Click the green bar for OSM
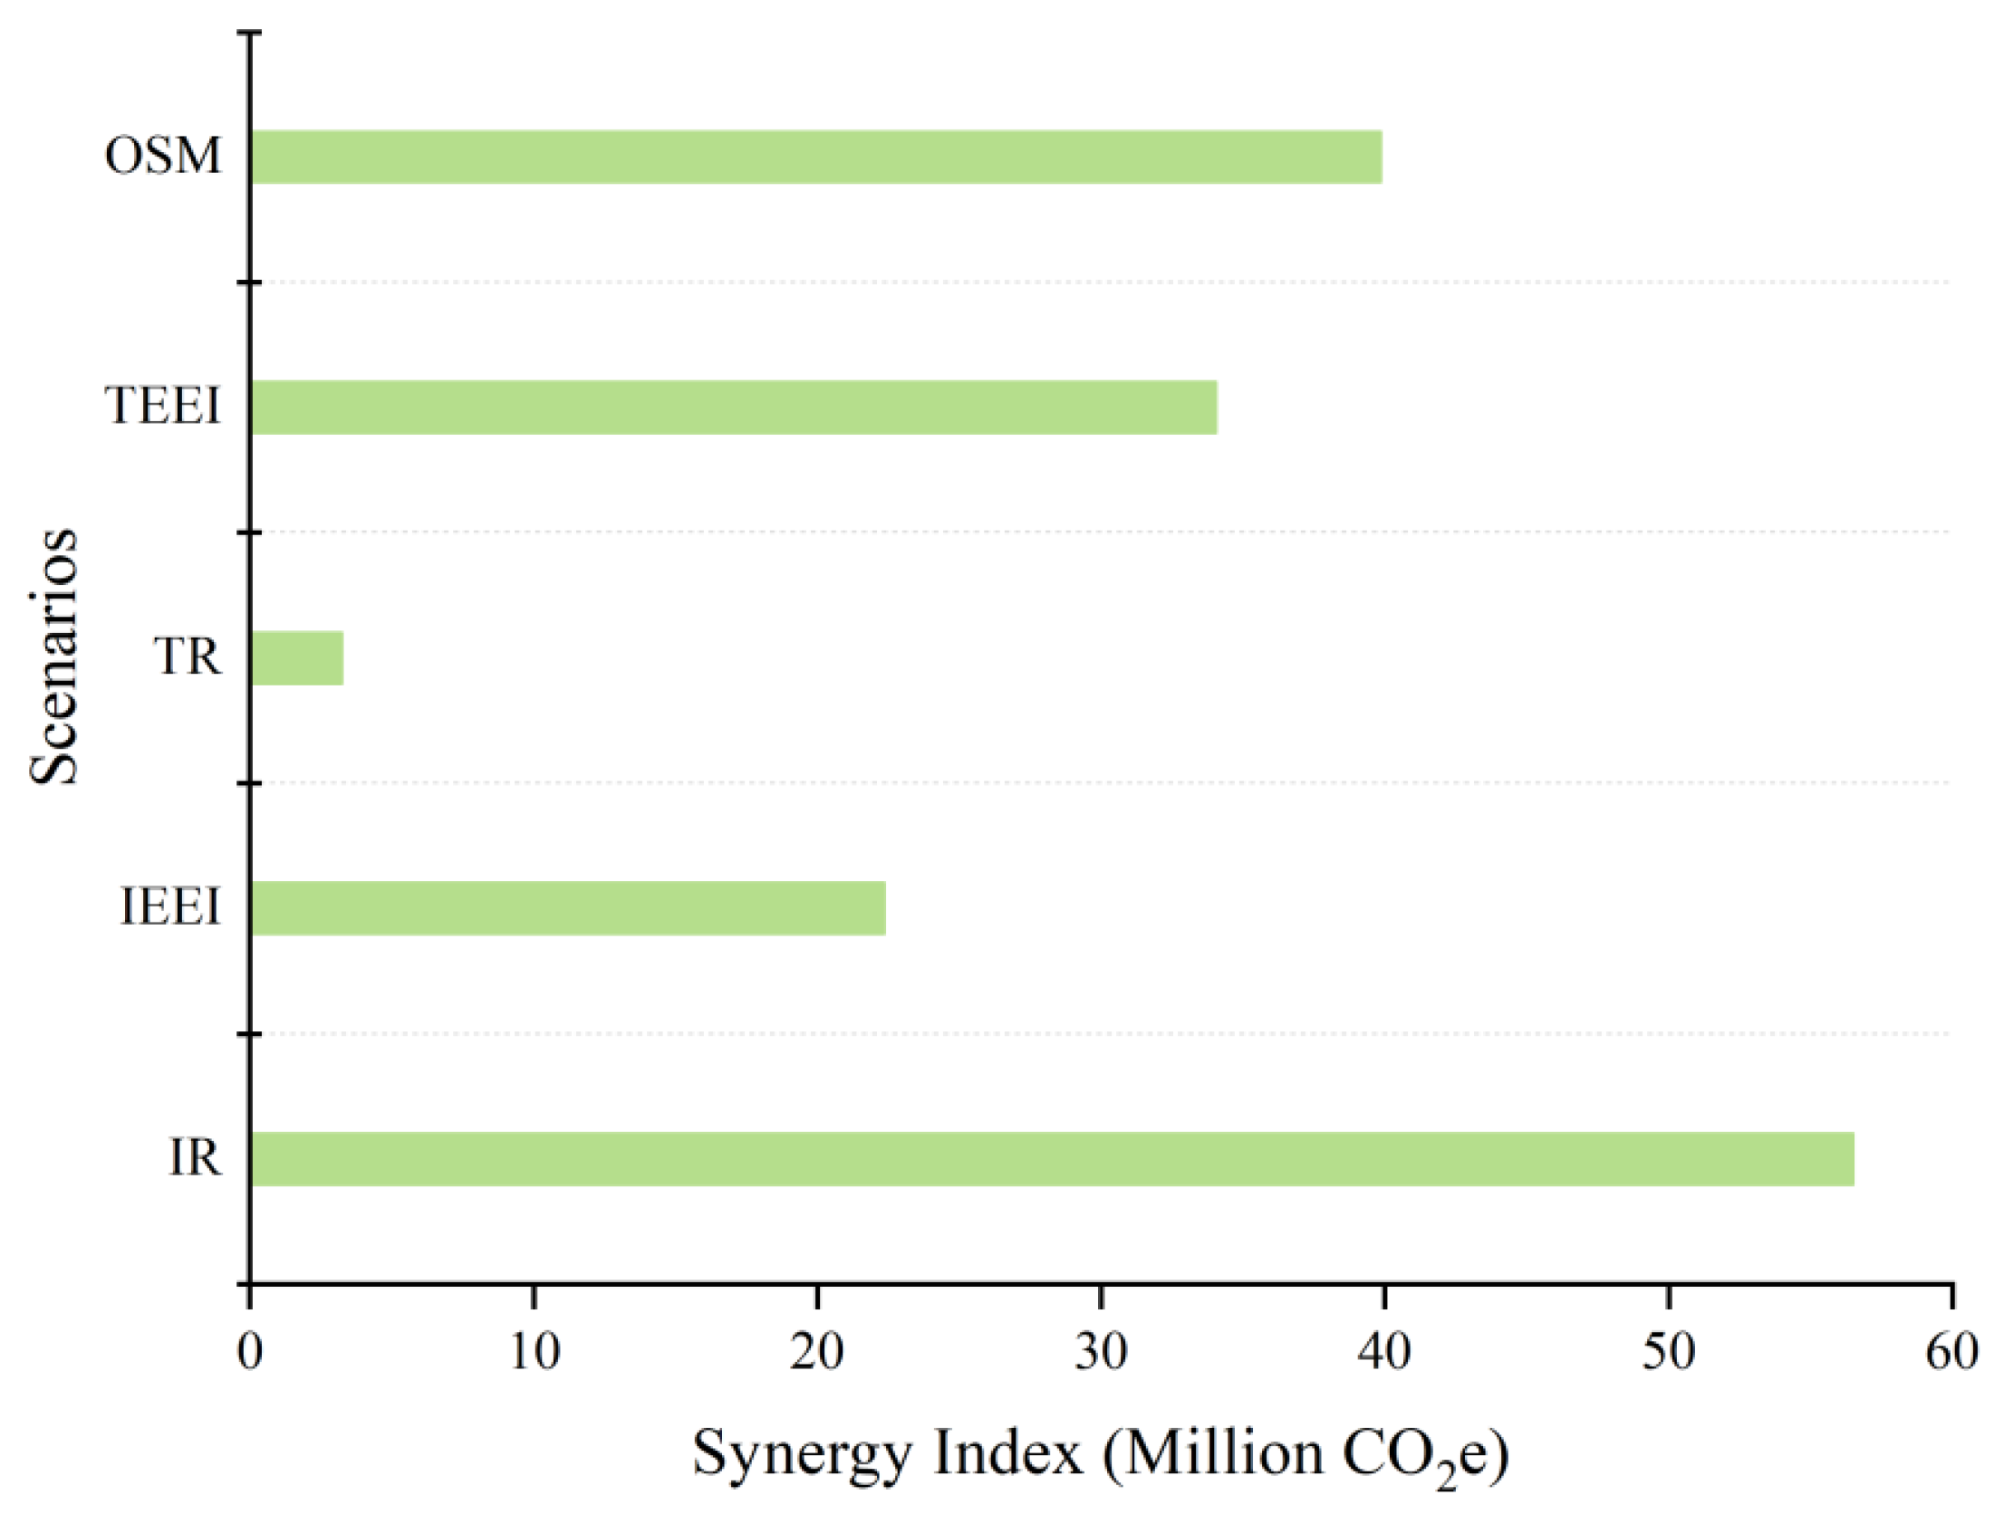tap(817, 157)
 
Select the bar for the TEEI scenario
tap(733, 407)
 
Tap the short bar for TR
tap(298, 657)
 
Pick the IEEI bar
tap(568, 908)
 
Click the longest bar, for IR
tap(1053, 1158)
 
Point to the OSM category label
tap(162, 155)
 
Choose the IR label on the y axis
tap(194, 1157)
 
